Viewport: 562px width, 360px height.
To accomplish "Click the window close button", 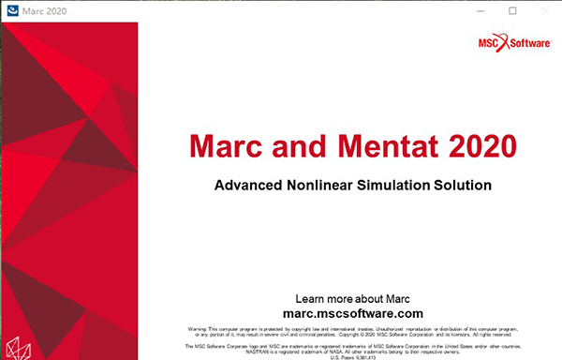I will tap(548, 10).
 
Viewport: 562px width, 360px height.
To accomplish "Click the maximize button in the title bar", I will tap(511, 10).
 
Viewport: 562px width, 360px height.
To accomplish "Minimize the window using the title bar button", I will tap(475, 10).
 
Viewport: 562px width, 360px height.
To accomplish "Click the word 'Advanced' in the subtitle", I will tap(248, 185).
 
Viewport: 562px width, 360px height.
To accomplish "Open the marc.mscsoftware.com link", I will tap(351, 313).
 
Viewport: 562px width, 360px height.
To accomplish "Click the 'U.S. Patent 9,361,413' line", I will tap(351, 356).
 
